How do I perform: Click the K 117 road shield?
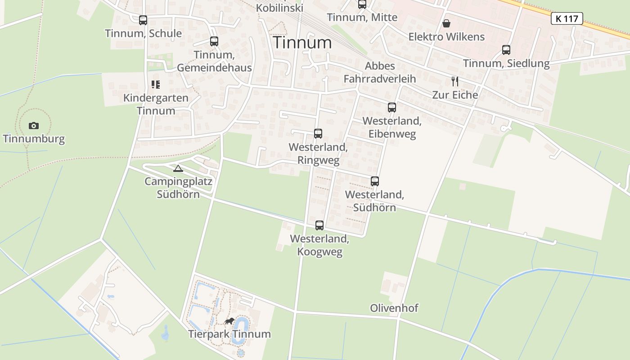point(567,18)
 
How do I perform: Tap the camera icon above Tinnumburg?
point(34,126)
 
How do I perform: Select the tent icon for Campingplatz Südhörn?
point(178,168)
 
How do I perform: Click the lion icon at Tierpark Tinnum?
point(229,321)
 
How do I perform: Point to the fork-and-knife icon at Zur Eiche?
point(455,81)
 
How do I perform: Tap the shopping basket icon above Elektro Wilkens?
point(446,23)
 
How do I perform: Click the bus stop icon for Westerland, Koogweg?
point(319,225)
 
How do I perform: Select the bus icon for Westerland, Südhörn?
point(374,181)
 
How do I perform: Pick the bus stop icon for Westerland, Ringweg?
point(318,134)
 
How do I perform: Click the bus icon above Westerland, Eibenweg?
point(392,108)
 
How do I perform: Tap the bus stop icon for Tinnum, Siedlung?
point(506,50)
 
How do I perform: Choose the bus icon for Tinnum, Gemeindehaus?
point(214,41)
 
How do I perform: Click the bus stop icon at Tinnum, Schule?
point(143,20)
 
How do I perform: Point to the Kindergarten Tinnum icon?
point(156,84)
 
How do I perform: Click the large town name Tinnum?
point(302,42)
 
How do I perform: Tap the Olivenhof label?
point(394,308)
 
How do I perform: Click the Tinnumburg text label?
point(34,139)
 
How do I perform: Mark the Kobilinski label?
point(279,8)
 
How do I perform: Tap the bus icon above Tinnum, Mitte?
point(362,4)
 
